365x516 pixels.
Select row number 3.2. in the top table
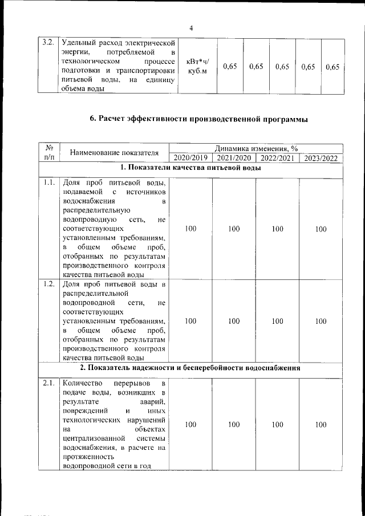tap(48, 42)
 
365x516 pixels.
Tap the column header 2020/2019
tap(190, 158)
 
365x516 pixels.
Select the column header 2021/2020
tap(234, 158)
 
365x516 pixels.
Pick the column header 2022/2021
tap(277, 158)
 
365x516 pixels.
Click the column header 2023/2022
tap(321, 158)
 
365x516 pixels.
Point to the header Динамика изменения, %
tap(256, 148)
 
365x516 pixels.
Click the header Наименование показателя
tap(113, 153)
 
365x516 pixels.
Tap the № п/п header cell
tap(48, 153)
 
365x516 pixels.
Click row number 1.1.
tap(48, 183)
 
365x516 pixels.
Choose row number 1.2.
tap(48, 283)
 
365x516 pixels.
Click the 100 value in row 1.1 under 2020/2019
tap(190, 229)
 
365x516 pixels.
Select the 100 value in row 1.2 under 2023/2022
tap(321, 321)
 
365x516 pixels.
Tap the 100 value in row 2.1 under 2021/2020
tap(234, 425)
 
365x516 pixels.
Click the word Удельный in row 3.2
tap(79, 42)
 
